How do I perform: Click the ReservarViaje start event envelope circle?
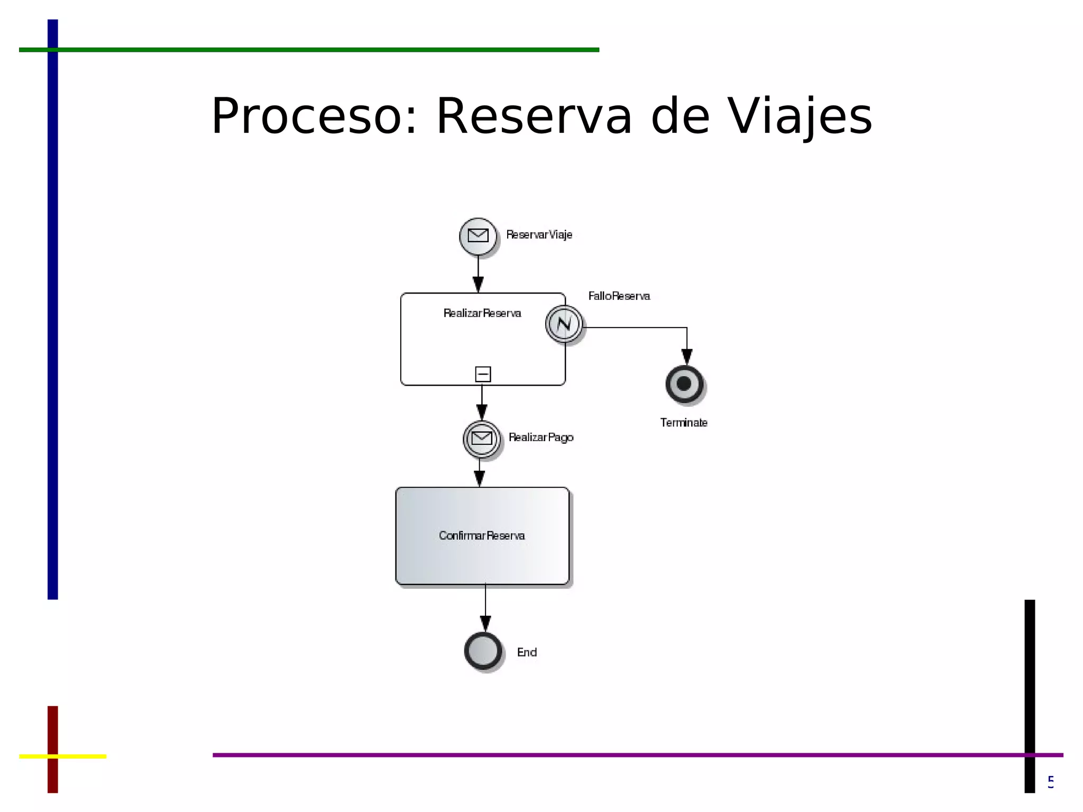[478, 236]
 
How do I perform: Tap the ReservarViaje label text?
[539, 235]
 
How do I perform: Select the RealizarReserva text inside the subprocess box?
[482, 313]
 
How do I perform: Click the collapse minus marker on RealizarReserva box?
[483, 374]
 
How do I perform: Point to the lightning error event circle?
[564, 324]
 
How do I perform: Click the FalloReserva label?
[619, 296]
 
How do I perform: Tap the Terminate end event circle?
[684, 384]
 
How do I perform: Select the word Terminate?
[683, 423]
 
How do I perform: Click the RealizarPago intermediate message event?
[481, 439]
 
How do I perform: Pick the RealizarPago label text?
[540, 437]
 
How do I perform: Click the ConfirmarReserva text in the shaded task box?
[482, 536]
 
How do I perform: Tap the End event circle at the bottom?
[483, 651]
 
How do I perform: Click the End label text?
[527, 652]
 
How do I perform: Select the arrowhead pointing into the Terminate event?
[687, 357]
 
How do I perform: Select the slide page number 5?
[1051, 781]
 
